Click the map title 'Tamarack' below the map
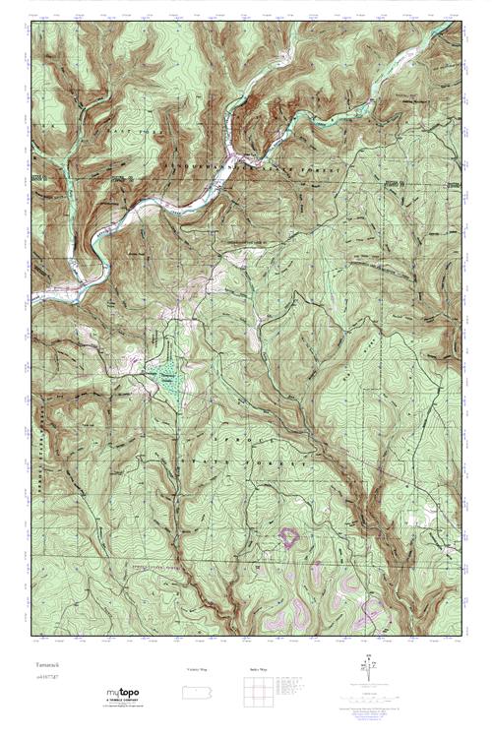click(41, 666)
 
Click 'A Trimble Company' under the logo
click(125, 701)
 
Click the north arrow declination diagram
click(368, 673)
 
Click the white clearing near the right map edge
click(429, 510)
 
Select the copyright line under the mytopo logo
click(125, 707)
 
